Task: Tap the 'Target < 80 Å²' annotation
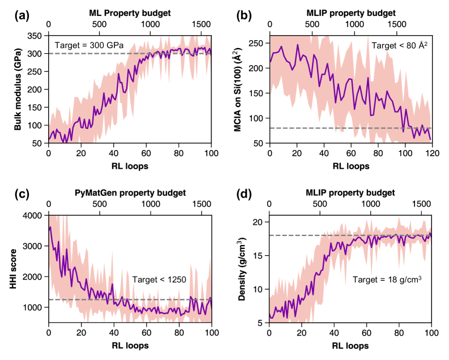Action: (397, 44)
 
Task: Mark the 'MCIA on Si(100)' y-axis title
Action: (243, 89)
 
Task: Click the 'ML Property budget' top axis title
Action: (129, 12)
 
